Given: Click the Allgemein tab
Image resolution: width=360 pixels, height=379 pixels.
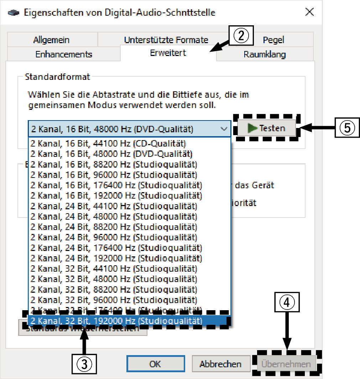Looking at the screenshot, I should point(51,40).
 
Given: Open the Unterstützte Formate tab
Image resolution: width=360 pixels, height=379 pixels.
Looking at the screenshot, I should point(166,40).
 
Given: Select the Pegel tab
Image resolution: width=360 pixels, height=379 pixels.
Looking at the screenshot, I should point(273,40).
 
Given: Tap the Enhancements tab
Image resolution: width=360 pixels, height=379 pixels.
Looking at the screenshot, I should point(64,54).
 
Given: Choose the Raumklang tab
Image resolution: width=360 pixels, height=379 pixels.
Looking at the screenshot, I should point(265,54).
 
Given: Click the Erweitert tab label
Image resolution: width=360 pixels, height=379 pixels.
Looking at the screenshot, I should point(168,53).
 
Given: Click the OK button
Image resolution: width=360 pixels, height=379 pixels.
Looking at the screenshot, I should point(155,364).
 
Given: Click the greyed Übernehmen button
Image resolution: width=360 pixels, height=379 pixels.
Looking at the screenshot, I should point(286,364).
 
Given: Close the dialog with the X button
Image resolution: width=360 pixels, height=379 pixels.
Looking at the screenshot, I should point(309,12).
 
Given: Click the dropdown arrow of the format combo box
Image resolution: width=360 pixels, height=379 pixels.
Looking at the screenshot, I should point(224,129).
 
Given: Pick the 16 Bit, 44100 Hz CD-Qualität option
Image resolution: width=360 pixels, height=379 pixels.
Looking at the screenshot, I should point(108,144).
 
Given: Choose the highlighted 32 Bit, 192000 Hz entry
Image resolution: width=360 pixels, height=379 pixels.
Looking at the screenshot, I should point(116,321).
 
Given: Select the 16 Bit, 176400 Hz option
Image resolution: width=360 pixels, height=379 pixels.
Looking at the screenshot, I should point(116,185).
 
